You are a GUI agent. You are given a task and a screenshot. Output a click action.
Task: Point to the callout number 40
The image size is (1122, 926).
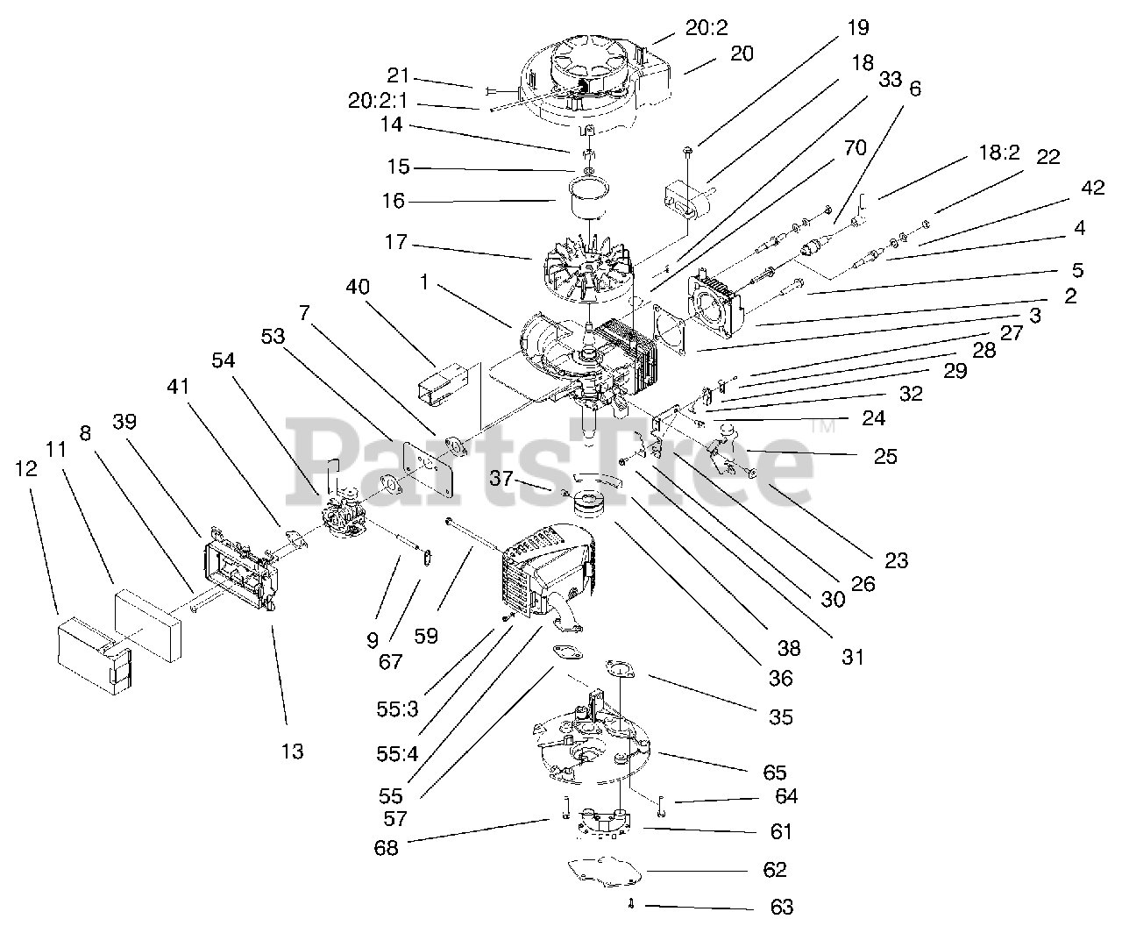tap(357, 287)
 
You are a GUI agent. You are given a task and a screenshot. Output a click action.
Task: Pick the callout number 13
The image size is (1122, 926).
tap(293, 751)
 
